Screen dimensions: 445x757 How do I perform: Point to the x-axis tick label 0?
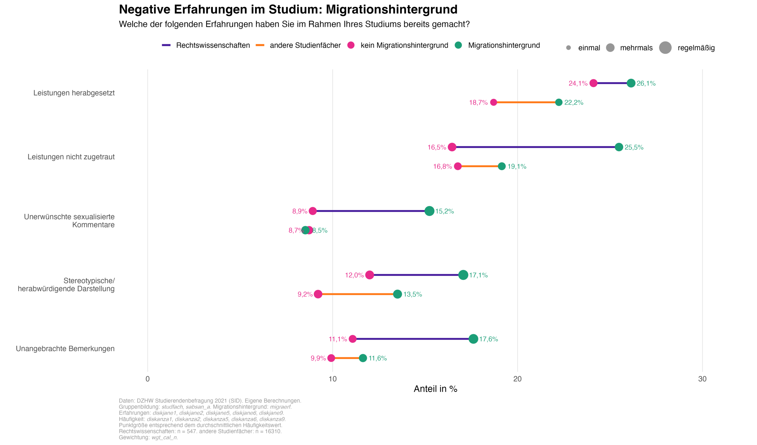(x=148, y=379)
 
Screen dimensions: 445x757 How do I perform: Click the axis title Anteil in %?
(x=435, y=389)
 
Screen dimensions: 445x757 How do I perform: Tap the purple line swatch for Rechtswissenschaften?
(x=166, y=45)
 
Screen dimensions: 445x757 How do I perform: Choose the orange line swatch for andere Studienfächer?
(x=260, y=45)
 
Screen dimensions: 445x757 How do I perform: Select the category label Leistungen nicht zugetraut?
(x=71, y=157)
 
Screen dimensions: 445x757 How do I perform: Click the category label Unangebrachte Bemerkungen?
(x=65, y=349)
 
